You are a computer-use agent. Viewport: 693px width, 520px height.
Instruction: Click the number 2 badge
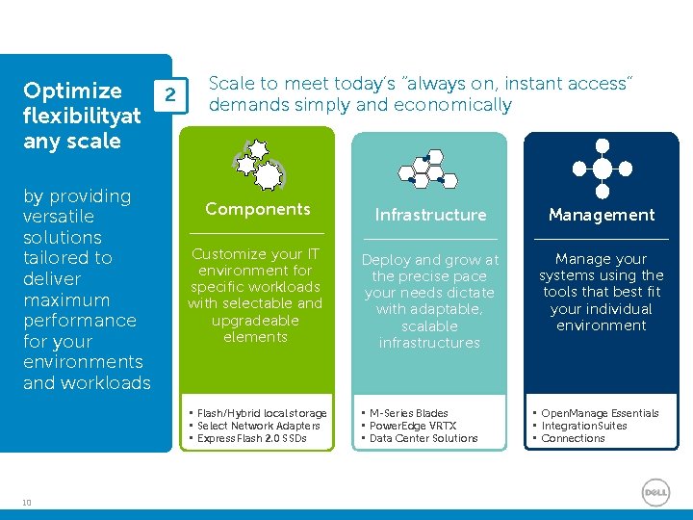(x=169, y=95)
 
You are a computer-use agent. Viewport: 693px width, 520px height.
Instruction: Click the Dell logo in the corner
(x=655, y=491)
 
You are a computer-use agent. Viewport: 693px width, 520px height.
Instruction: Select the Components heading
(x=257, y=209)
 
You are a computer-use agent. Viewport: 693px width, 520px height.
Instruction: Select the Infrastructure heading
(x=430, y=215)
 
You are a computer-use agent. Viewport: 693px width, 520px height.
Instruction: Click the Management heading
(x=602, y=215)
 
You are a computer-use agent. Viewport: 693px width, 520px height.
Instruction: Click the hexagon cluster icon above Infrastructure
(x=428, y=169)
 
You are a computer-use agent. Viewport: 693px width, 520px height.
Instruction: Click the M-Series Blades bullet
(x=408, y=413)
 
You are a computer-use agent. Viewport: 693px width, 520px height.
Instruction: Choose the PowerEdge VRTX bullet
(x=413, y=426)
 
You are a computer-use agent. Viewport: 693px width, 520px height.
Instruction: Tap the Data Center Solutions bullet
(x=423, y=438)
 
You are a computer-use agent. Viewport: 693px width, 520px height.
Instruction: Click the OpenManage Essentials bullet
(x=600, y=413)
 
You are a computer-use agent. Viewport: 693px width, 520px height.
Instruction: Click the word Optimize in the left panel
(x=72, y=91)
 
